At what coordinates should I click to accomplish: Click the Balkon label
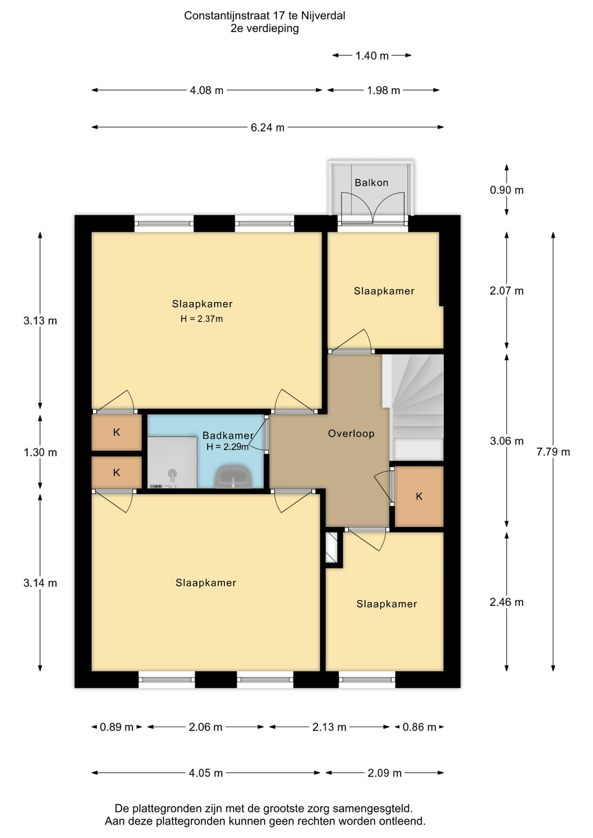pos(371,182)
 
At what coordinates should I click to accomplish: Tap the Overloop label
pos(351,434)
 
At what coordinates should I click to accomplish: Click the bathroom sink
pos(233,477)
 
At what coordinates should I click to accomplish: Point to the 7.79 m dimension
pos(553,452)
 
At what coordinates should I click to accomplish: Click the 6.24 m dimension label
pos(267,128)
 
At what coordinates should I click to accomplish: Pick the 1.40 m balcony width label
pos(372,56)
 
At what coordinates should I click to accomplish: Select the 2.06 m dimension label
pos(205,727)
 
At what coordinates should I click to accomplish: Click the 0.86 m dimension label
pos(419,727)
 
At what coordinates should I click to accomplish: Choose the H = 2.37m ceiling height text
pos(201,319)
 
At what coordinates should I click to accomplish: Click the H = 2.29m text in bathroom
pos(227,447)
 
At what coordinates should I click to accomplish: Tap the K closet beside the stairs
pos(419,496)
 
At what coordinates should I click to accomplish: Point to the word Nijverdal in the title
pos(323,16)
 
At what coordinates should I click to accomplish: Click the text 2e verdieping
pos(264,28)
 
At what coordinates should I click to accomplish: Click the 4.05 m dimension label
pos(206,773)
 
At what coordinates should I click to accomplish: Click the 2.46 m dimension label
pos(506,602)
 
